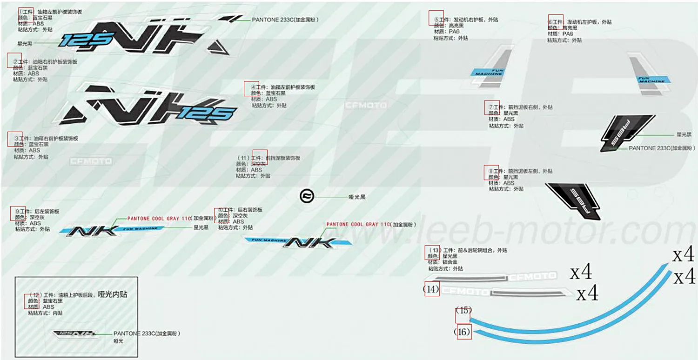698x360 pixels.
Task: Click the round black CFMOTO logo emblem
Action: [307, 196]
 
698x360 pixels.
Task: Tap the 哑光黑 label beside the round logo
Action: [357, 197]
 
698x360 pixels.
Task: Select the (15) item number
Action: [463, 310]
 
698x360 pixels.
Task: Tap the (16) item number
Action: [463, 332]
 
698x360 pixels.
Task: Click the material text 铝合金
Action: [450, 262]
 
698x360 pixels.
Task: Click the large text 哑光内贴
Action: [112, 294]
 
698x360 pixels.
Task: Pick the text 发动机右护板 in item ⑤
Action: [469, 20]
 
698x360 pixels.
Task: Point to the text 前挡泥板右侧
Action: [523, 107]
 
